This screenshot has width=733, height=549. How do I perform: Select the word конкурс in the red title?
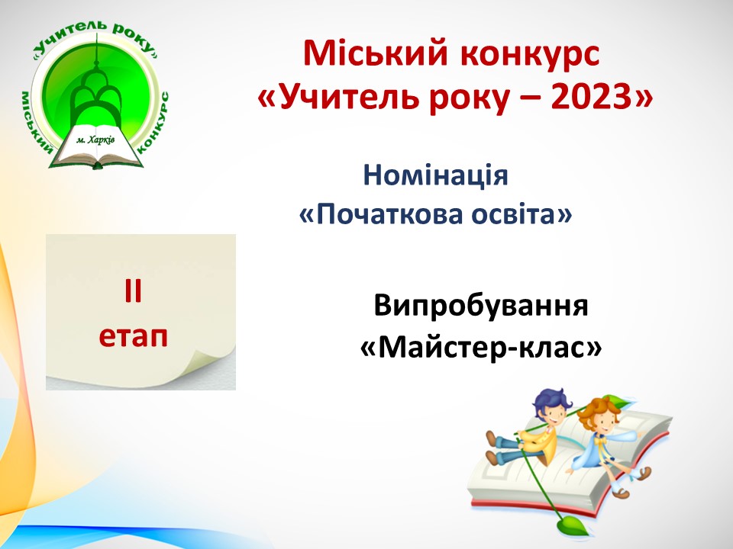(529, 55)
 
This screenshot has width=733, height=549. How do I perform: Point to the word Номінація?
(435, 175)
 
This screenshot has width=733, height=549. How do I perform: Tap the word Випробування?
(480, 307)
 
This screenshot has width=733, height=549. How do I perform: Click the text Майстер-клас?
(480, 348)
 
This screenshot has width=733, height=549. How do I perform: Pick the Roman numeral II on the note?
(133, 291)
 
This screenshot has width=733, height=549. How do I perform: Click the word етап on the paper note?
(133, 335)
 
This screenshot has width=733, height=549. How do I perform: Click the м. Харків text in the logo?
(95, 140)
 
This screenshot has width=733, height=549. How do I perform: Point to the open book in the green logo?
(96, 146)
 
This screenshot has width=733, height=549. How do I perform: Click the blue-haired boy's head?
(551, 406)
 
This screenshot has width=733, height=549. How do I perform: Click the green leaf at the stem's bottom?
(571, 525)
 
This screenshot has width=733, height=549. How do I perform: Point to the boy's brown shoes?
(492, 448)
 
